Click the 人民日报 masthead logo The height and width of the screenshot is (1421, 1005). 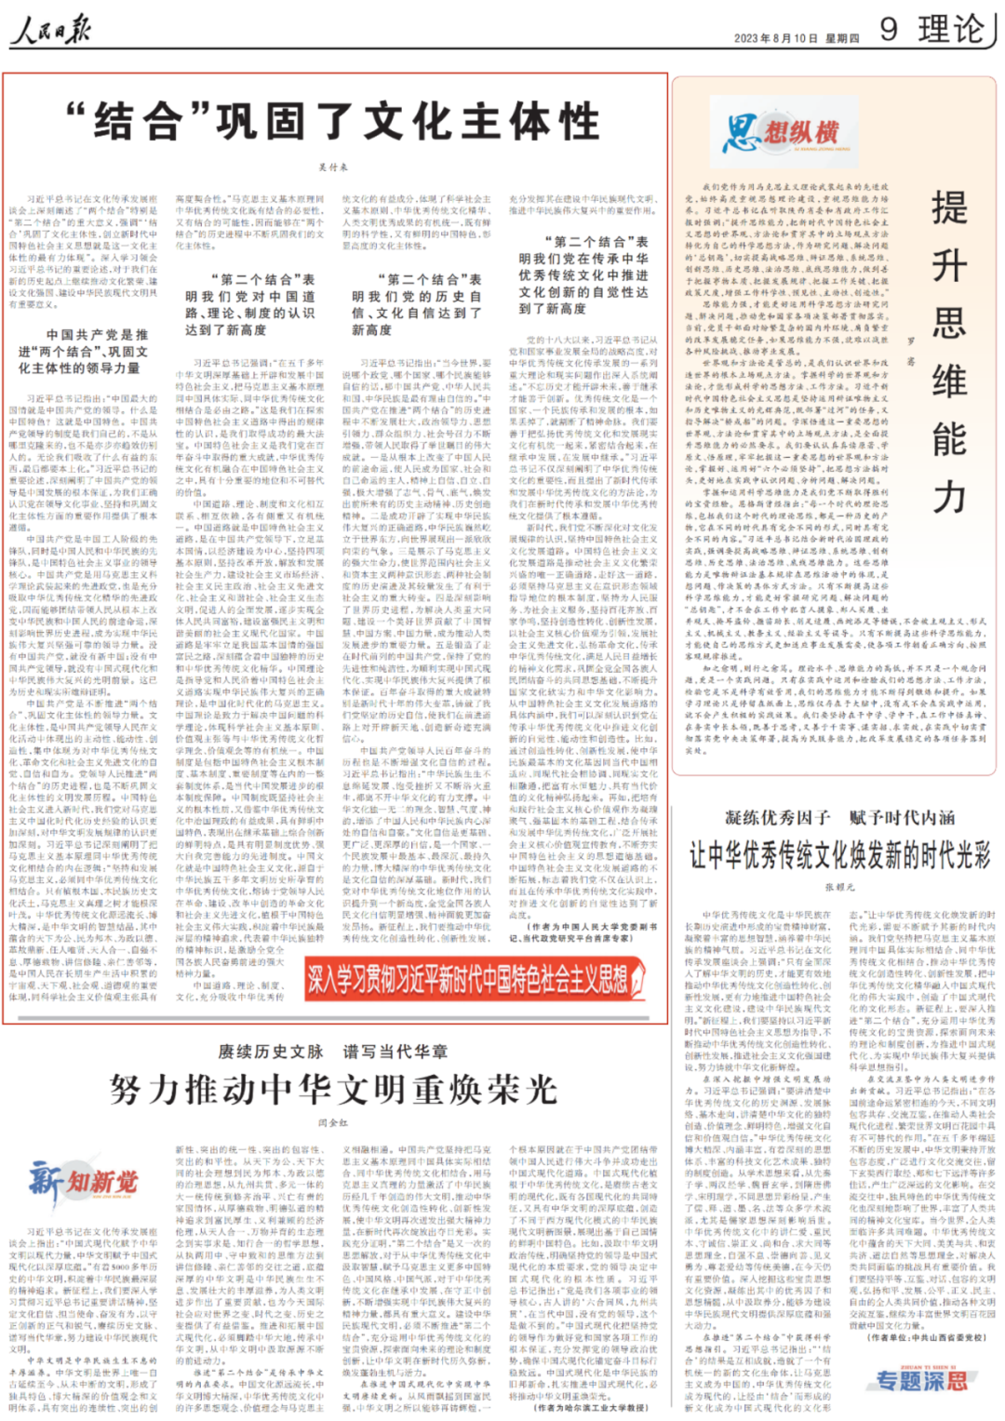[x=51, y=32]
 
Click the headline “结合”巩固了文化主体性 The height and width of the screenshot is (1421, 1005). [x=334, y=121]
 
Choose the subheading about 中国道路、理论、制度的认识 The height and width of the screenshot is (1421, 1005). [x=249, y=304]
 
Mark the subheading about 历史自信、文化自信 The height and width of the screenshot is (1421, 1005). [x=417, y=304]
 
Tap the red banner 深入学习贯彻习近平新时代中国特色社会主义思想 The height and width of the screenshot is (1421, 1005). [x=475, y=978]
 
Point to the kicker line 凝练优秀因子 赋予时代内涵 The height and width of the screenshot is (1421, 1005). [x=839, y=818]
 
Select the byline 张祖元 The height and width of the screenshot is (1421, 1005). [x=839, y=887]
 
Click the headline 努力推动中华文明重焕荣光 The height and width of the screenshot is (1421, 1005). [x=333, y=1089]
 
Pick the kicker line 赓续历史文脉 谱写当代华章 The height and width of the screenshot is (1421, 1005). [x=333, y=1052]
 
